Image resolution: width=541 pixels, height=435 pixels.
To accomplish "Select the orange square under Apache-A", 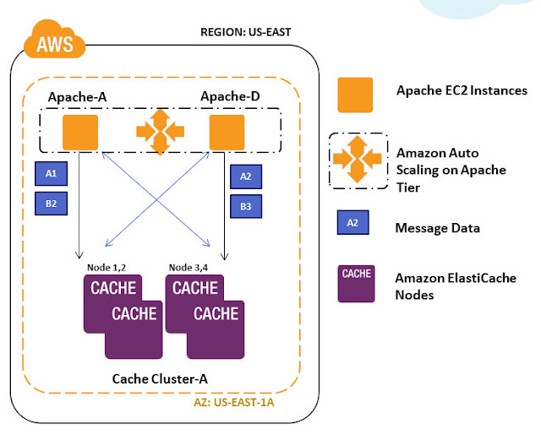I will pos(80,133).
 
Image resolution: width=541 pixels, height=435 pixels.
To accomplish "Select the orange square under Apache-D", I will pos(227,133).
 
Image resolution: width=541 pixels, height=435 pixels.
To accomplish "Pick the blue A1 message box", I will pos(51,174).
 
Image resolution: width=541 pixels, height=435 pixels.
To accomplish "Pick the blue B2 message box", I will pos(51,203).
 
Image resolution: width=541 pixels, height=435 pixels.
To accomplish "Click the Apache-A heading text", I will pos(78,96).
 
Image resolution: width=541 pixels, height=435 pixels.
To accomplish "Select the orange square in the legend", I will pos(355,95).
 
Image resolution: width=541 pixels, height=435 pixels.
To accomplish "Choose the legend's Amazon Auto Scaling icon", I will pos(358,160).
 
